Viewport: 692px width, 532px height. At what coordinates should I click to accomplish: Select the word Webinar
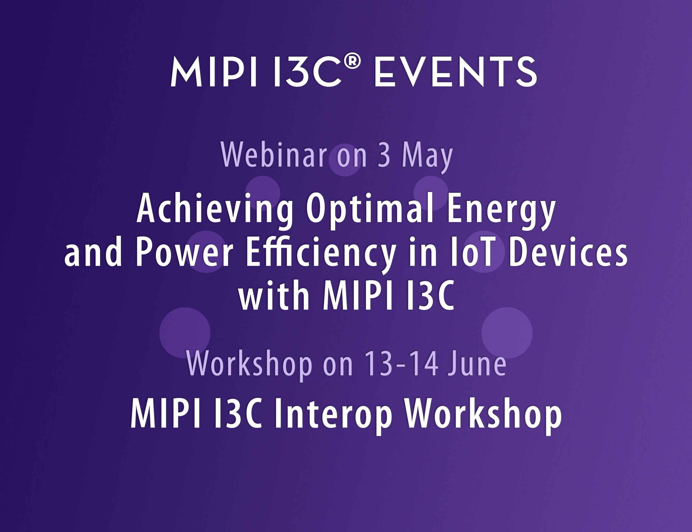(273, 155)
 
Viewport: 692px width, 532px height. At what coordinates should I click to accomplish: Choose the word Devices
(568, 252)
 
